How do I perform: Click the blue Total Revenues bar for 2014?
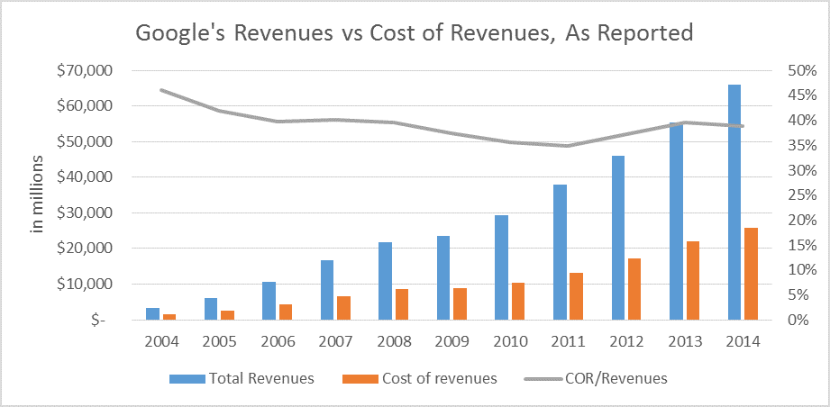point(734,202)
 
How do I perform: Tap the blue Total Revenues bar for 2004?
point(152,313)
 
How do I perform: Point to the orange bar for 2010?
point(518,301)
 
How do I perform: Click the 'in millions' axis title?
point(38,194)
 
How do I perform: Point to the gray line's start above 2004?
point(160,90)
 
